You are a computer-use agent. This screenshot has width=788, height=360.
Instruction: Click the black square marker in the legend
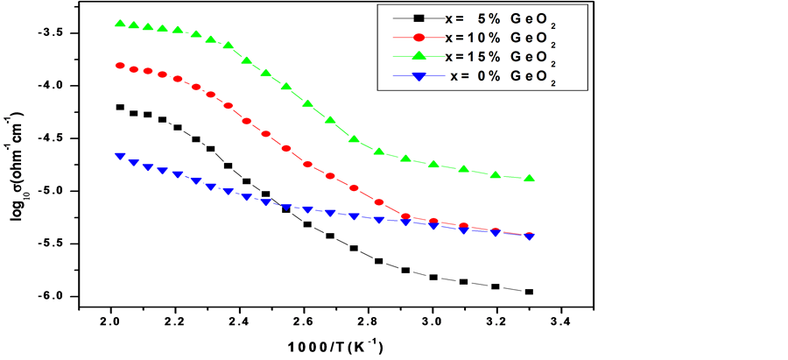pos(419,18)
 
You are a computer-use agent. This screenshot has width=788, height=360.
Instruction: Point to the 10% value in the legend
pos(482,38)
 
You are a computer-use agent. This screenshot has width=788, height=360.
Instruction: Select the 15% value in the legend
pos(482,57)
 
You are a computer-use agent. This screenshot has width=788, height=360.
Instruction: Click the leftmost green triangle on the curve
pos(119,23)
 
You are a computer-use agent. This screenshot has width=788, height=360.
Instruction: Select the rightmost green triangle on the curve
pos(530,178)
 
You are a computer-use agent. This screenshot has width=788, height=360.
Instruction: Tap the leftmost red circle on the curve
pos(119,66)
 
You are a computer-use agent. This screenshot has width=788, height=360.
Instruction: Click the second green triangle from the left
pos(133,25)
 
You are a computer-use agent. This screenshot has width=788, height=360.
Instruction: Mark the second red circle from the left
pos(133,69)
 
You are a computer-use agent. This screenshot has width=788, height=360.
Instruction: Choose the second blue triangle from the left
pos(133,162)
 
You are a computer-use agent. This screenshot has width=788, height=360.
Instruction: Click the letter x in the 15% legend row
pos(449,57)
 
